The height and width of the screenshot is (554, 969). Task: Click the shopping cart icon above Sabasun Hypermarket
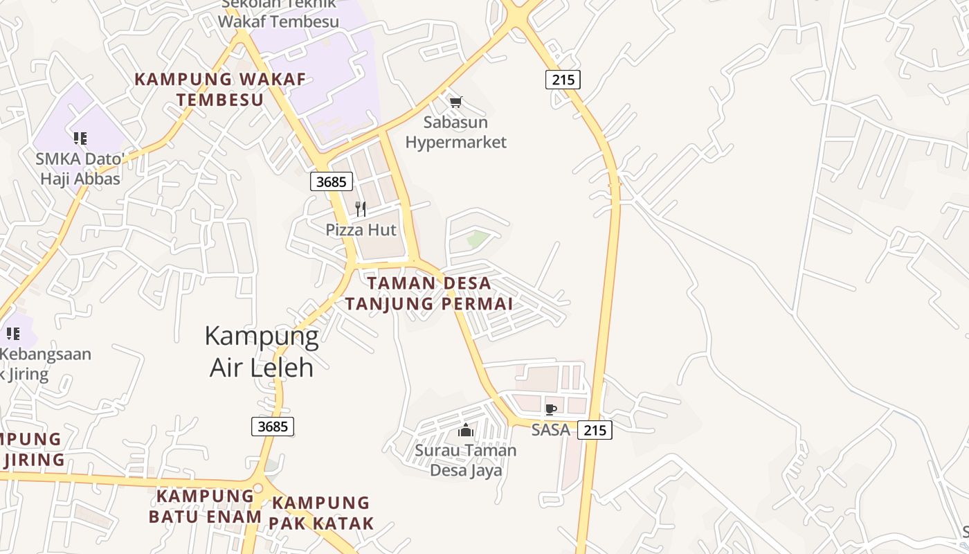tap(455, 102)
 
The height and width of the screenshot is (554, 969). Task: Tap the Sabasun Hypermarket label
tap(455, 132)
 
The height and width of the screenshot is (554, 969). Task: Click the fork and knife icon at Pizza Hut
tap(361, 208)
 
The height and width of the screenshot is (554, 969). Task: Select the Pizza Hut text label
tap(361, 230)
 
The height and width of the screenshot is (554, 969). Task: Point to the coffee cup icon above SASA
tap(551, 409)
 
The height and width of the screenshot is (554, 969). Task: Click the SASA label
tap(551, 430)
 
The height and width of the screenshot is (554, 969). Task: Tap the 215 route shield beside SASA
tap(595, 430)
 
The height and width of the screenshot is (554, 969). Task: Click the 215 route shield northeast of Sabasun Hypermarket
tap(563, 80)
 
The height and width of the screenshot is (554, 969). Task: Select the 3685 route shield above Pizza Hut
tap(332, 181)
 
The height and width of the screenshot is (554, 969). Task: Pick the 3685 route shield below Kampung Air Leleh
tap(272, 427)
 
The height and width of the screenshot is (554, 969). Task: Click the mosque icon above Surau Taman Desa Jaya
tap(466, 431)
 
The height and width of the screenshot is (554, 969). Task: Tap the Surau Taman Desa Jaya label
tap(466, 461)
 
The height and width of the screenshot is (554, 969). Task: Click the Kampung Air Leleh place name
tap(262, 351)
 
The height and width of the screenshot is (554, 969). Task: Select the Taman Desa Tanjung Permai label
tap(429, 293)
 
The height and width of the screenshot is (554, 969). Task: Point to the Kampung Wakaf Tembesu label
tap(220, 89)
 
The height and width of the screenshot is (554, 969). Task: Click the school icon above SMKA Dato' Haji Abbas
tap(80, 138)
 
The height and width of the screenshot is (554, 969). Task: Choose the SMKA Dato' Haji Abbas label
tap(80, 168)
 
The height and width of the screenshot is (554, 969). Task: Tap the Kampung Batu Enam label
tap(205, 506)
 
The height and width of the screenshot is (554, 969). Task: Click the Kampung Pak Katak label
tap(321, 512)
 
